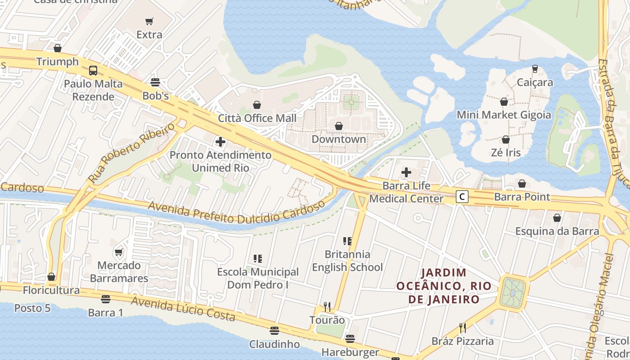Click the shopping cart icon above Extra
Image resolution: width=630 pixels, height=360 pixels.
click(x=149, y=21)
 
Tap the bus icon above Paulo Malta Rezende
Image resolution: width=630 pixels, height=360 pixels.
click(x=93, y=71)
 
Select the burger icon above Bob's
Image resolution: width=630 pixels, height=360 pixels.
click(x=155, y=82)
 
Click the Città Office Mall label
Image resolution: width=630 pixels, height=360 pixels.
click(x=257, y=118)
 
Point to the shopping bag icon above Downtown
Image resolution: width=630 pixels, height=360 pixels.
click(x=339, y=126)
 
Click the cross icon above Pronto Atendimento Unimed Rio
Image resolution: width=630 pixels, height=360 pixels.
click(x=220, y=142)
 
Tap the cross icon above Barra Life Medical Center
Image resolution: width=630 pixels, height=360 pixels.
click(x=406, y=172)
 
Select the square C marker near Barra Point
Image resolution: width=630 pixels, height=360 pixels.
click(x=462, y=197)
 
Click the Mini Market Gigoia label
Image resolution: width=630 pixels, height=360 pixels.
click(x=504, y=115)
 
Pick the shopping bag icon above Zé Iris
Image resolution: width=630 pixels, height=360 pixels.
click(x=506, y=139)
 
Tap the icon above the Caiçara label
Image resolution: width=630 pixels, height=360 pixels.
click(x=535, y=69)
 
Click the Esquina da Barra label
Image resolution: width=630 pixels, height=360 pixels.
click(x=557, y=231)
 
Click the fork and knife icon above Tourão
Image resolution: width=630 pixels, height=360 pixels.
click(x=327, y=307)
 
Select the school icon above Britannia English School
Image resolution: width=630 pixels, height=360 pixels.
click(x=347, y=241)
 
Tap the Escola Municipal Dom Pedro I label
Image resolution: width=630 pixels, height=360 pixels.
click(x=258, y=278)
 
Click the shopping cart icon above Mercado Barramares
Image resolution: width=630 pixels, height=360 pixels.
click(x=119, y=252)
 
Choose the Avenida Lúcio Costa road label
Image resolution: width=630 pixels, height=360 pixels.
click(x=183, y=309)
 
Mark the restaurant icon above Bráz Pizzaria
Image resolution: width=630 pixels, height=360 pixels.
click(x=462, y=328)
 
